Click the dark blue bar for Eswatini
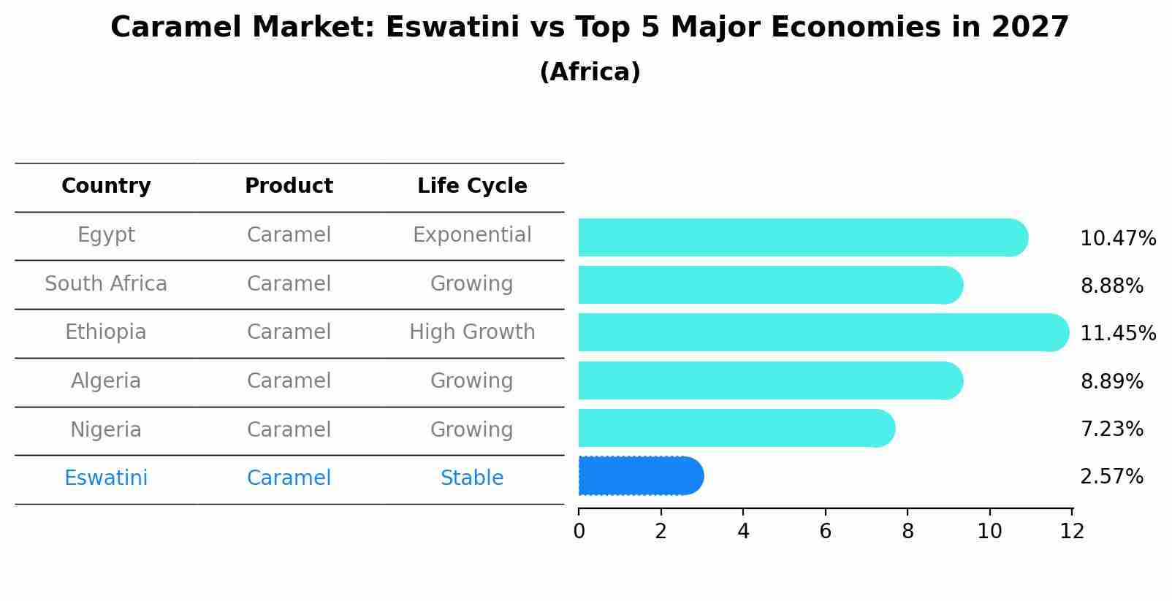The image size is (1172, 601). [640, 476]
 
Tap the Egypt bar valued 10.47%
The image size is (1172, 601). [802, 237]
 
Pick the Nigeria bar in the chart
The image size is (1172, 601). [736, 428]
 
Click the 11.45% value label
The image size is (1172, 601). [1117, 334]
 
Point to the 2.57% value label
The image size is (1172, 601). [1111, 477]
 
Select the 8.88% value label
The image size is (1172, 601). [1111, 286]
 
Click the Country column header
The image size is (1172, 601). [106, 186]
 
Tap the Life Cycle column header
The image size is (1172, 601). [472, 186]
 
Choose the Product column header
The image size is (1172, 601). [289, 186]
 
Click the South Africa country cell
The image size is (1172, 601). [106, 284]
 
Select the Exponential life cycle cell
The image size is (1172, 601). [472, 235]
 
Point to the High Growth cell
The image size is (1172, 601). [472, 332]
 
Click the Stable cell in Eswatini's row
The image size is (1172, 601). [472, 478]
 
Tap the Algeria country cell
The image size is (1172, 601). [106, 381]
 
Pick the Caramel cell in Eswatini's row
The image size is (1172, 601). [289, 478]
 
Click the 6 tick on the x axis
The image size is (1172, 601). [825, 532]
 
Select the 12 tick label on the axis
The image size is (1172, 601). [1072, 532]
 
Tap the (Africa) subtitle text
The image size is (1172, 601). [590, 72]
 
